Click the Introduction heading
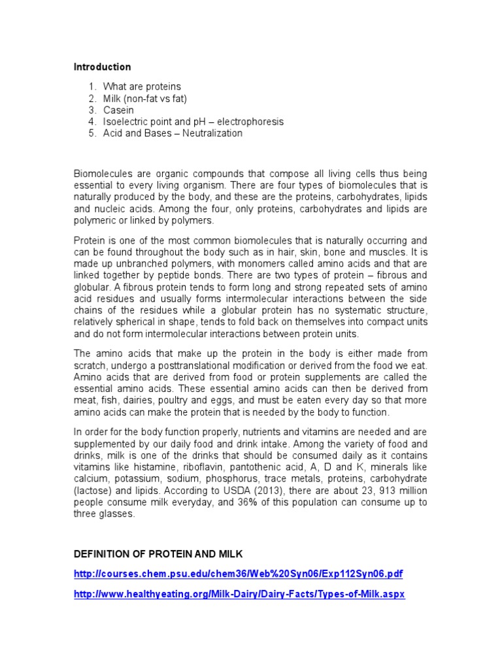point(102,67)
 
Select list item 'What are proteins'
point(142,86)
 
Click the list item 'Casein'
point(118,110)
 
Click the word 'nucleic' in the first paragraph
point(111,209)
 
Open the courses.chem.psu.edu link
point(238,574)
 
